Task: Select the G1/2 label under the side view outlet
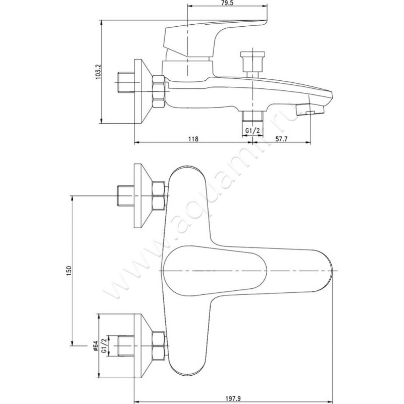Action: click(252, 131)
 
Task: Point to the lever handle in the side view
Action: click(212, 35)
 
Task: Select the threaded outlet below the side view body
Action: click(252, 117)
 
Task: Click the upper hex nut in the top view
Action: click(159, 196)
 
